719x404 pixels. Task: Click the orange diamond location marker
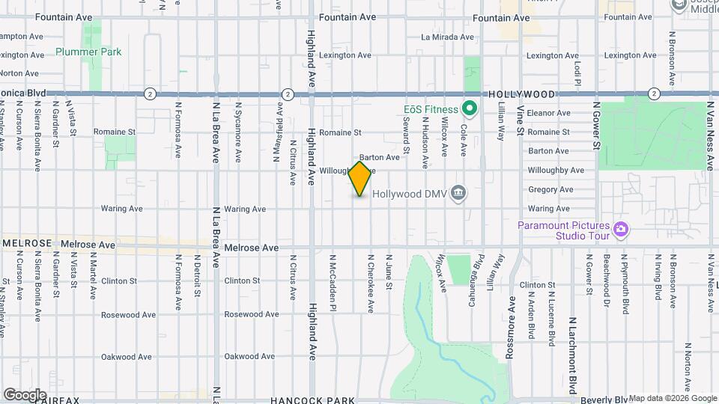point(360,179)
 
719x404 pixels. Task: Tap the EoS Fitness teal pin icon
point(470,110)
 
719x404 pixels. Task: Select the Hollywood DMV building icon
point(459,194)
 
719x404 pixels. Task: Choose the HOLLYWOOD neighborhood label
point(522,94)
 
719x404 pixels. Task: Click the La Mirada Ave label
point(448,37)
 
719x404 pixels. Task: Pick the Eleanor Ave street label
point(549,113)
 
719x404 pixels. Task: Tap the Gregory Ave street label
point(549,189)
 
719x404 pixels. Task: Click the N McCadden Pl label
point(333,281)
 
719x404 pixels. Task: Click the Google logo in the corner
point(25,394)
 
